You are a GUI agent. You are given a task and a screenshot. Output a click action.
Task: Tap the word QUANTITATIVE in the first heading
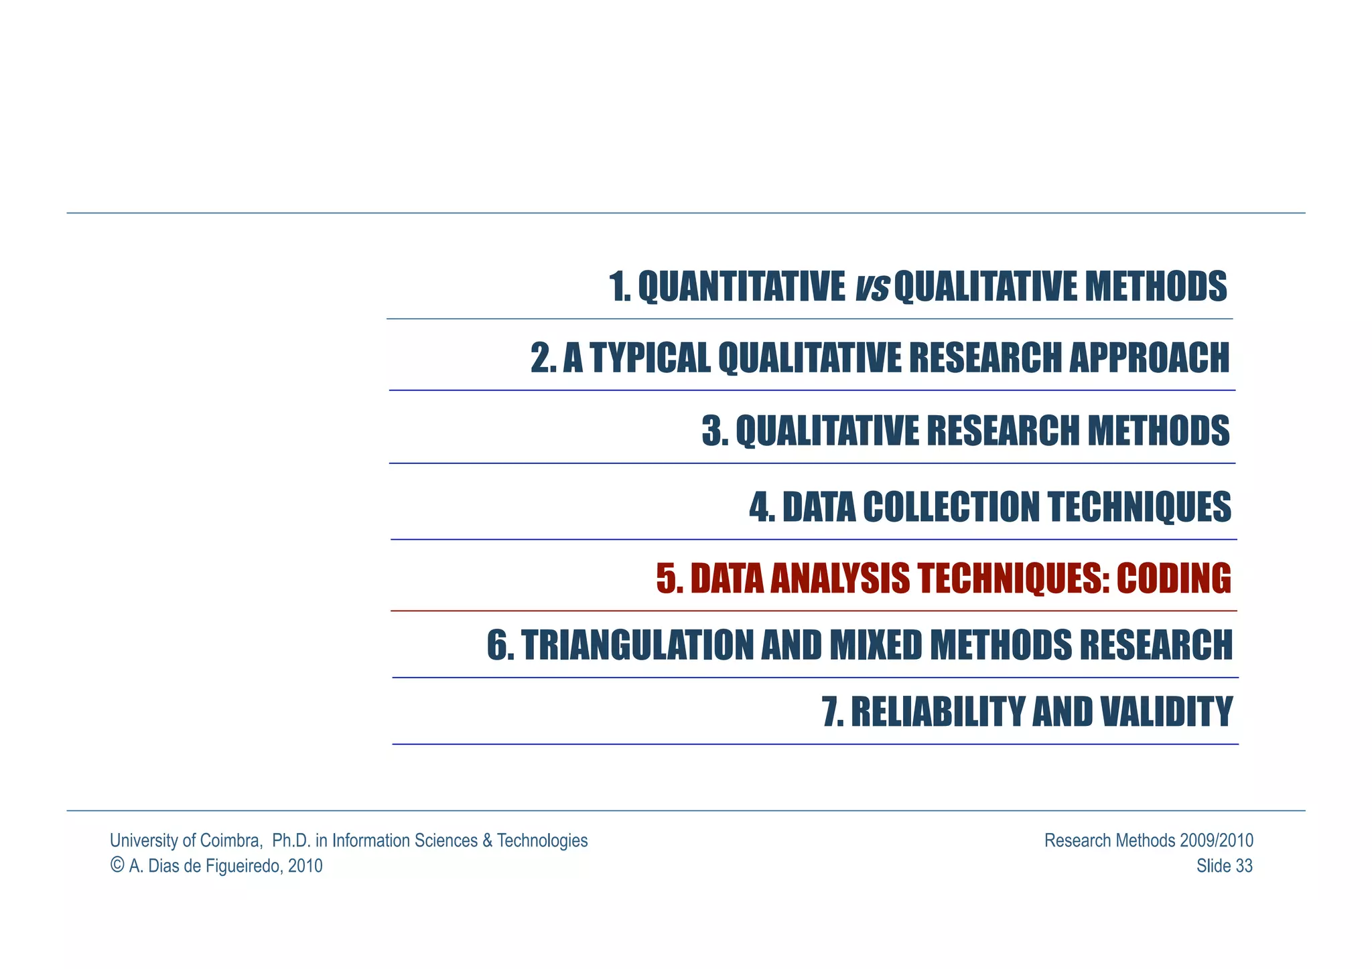pyautogui.click(x=741, y=287)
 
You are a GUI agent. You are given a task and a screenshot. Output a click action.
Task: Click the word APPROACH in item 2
pyautogui.click(x=1149, y=358)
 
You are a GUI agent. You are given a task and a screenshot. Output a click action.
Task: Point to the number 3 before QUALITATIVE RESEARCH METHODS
pyautogui.click(x=711, y=431)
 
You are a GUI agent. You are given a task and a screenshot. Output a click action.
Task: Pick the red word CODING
pyautogui.click(x=1174, y=579)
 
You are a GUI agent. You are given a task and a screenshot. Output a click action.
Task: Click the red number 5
pyautogui.click(x=667, y=579)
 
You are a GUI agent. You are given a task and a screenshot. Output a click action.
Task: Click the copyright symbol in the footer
pyautogui.click(x=117, y=865)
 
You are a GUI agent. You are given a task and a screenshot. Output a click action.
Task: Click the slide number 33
pyautogui.click(x=1243, y=866)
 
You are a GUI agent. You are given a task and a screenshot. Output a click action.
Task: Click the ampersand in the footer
pyautogui.click(x=486, y=840)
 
